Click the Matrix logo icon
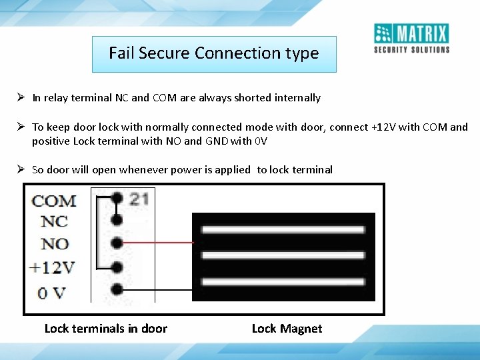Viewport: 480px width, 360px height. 384,33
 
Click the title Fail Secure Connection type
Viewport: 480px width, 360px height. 214,53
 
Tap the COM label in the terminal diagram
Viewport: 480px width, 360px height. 54,201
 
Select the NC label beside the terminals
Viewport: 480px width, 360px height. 54,221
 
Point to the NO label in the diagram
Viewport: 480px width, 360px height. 55,244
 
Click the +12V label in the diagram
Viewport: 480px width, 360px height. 51,268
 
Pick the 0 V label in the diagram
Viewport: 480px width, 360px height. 53,291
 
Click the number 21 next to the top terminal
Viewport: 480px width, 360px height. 139,199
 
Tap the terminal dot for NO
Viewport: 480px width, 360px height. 117,242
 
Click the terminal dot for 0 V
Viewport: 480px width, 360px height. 117,290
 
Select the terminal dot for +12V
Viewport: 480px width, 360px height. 117,267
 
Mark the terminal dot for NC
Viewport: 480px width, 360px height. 117,219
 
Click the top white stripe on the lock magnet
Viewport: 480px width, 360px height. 283,230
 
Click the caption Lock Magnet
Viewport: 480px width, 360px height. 287,329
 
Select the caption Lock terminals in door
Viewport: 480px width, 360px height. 105,329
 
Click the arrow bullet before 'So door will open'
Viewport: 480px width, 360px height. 21,169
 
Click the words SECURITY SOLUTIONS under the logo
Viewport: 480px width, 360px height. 411,49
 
